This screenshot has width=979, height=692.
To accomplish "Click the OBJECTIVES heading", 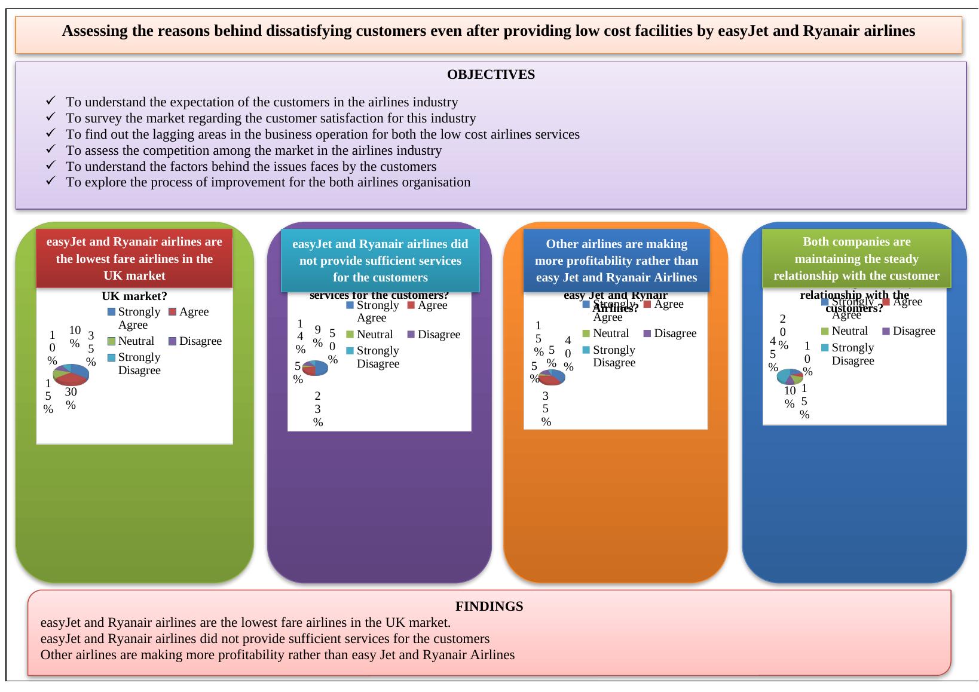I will [x=491, y=75].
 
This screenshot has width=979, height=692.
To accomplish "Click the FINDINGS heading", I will [x=489, y=606].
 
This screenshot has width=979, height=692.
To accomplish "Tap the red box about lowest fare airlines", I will [x=134, y=258].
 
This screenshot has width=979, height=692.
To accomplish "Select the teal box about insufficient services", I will [x=380, y=261].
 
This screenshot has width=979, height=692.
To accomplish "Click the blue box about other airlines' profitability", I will [x=616, y=261].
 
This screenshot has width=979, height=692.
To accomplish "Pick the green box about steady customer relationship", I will [x=856, y=258].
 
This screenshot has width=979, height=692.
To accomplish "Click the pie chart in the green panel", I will [x=71, y=374].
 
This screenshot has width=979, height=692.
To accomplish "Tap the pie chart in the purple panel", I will [x=315, y=368].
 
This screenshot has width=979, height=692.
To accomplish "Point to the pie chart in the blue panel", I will [x=790, y=376].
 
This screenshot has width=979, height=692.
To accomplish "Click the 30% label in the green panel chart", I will [x=71, y=398].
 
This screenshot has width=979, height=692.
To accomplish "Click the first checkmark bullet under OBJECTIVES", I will [x=51, y=102].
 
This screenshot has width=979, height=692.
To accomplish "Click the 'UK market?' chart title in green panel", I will [x=134, y=296].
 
